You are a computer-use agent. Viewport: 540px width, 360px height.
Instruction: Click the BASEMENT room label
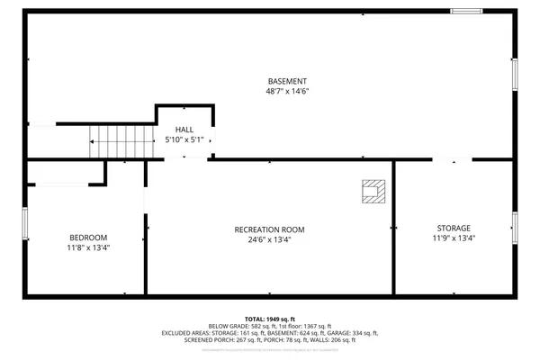[285, 81]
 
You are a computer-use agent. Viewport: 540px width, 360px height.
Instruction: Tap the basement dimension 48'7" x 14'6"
[285, 92]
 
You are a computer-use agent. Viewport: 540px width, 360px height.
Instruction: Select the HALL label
[184, 130]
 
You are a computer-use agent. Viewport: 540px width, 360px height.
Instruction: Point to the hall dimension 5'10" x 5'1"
[184, 140]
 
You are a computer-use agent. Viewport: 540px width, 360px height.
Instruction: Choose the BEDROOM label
[87, 238]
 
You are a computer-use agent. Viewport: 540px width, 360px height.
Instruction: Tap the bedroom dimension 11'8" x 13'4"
[87, 248]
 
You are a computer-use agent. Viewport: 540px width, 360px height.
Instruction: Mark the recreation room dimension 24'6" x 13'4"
[269, 240]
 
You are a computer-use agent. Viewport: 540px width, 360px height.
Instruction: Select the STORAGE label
[454, 229]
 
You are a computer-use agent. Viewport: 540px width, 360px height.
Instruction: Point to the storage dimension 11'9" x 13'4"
[454, 239]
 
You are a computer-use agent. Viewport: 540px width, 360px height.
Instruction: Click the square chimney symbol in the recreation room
[373, 190]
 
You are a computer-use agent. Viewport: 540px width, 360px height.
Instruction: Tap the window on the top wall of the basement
[465, 11]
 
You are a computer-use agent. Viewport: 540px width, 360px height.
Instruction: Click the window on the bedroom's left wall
[25, 225]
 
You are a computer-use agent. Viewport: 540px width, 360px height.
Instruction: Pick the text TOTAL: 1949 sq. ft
[269, 318]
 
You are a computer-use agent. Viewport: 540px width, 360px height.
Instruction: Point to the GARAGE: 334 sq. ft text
[351, 333]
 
